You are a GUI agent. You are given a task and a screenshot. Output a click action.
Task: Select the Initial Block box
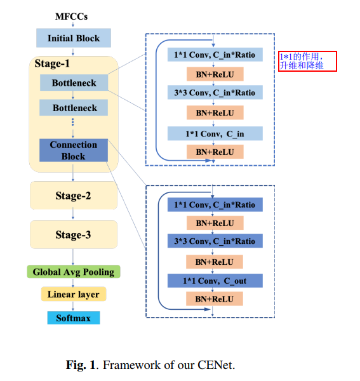(x=74, y=38)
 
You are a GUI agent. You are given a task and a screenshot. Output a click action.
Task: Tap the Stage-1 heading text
(x=52, y=63)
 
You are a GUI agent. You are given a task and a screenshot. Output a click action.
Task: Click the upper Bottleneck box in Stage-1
(x=74, y=83)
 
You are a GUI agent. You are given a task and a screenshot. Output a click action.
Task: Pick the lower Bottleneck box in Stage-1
(x=74, y=108)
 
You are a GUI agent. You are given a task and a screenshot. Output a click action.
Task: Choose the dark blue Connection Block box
(x=74, y=150)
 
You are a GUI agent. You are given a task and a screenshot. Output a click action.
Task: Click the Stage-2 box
(x=73, y=196)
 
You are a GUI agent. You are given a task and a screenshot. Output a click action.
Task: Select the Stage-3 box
(x=73, y=234)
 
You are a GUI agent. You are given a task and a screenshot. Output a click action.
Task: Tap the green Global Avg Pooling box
(x=73, y=272)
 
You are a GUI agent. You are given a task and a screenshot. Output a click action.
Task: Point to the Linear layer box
(x=73, y=295)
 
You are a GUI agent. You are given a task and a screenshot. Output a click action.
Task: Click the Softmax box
(x=73, y=317)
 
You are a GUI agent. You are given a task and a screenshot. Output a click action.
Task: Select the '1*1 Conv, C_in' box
(x=215, y=133)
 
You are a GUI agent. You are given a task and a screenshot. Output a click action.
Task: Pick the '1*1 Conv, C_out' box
(x=215, y=281)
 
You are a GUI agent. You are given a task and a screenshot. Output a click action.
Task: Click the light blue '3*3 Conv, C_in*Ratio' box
(x=215, y=94)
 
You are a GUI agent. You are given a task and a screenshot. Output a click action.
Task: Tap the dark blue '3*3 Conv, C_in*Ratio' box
(x=215, y=241)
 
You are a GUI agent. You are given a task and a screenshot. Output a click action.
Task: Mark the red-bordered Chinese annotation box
(x=307, y=62)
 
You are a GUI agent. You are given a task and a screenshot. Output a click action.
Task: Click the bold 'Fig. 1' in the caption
(x=81, y=365)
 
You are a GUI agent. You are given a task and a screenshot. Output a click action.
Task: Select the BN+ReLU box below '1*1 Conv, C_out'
(x=215, y=299)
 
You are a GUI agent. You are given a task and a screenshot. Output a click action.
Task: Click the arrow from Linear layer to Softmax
(x=73, y=306)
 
